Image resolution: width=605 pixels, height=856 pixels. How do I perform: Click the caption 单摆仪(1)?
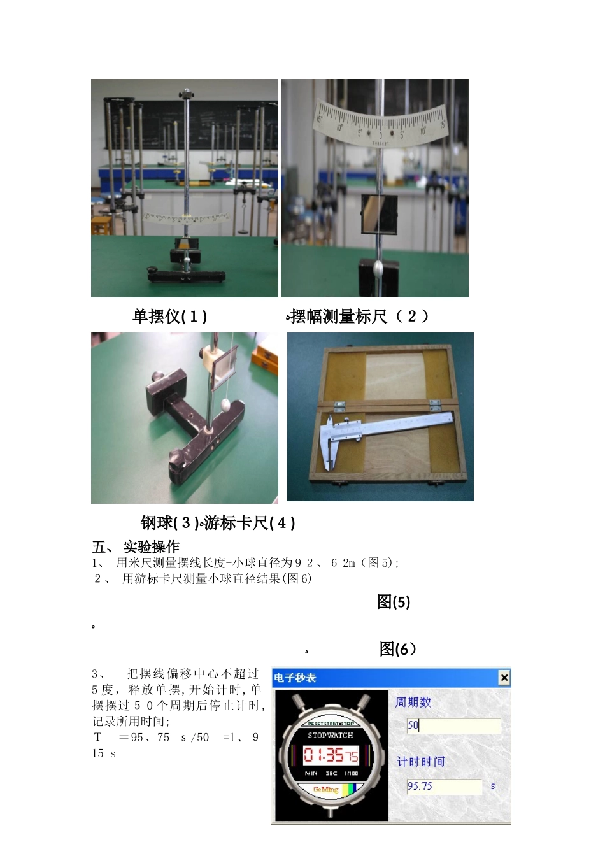coord(169,317)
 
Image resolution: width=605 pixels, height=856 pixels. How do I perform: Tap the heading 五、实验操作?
coord(136,547)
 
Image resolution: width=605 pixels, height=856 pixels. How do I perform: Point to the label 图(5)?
coord(394,602)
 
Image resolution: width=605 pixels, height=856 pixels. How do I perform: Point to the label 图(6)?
coord(397,649)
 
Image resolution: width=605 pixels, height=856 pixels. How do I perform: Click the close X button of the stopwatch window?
coord(504,678)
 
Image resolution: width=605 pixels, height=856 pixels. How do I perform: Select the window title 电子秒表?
coord(295,678)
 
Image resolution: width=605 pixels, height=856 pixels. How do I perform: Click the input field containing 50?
coord(453,725)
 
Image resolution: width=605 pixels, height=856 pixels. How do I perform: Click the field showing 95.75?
coord(444,787)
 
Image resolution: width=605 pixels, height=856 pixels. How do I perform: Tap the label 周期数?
coord(413,702)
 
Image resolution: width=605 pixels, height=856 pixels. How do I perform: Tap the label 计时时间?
coord(420,762)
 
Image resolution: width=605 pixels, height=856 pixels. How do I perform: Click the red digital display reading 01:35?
coord(331,755)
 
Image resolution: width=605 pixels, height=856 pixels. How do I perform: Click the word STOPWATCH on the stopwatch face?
coord(330,736)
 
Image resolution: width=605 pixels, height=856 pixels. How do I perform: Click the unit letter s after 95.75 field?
coord(493,787)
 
